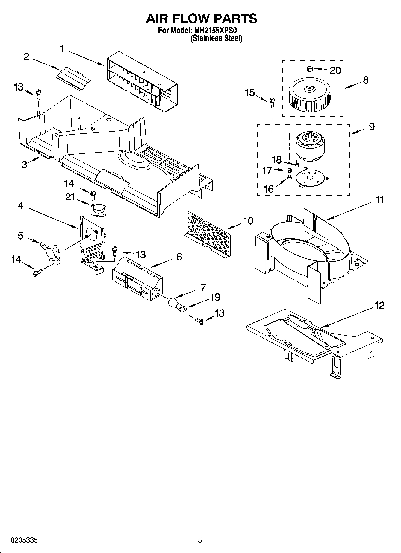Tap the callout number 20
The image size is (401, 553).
[335, 71]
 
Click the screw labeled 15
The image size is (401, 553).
[272, 103]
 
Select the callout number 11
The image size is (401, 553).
[379, 200]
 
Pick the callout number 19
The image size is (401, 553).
[215, 297]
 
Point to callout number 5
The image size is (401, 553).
[20, 236]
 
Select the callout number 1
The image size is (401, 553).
[62, 49]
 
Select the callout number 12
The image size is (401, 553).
[379, 306]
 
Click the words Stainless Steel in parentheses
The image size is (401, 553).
[217, 38]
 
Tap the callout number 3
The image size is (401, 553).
[24, 164]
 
